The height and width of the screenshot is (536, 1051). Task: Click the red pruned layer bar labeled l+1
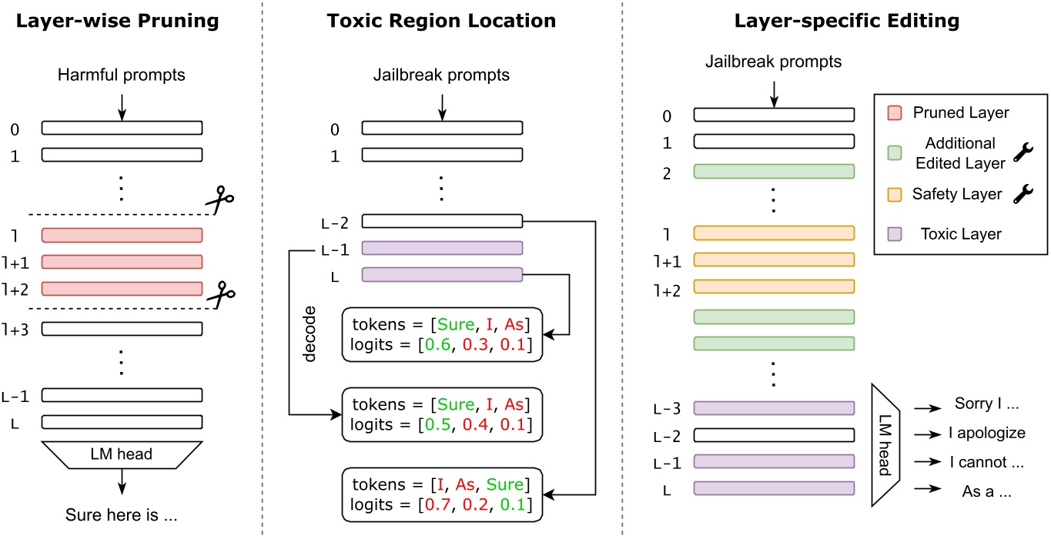click(122, 262)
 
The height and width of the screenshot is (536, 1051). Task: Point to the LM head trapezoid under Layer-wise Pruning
click(122, 454)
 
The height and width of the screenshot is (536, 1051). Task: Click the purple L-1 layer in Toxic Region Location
click(442, 248)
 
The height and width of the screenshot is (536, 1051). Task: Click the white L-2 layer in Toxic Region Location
click(442, 222)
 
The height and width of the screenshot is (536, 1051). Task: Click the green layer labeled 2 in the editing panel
click(774, 171)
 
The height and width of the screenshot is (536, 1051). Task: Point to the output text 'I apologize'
click(979, 433)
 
